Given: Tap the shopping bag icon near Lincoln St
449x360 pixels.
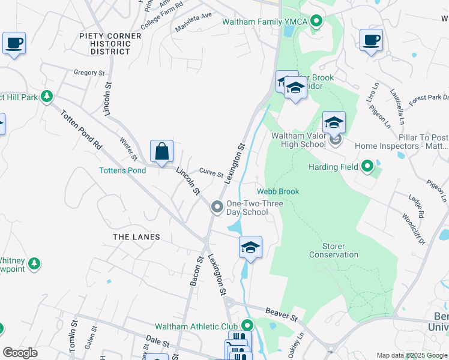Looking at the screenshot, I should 161,151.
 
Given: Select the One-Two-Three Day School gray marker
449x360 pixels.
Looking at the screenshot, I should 217,208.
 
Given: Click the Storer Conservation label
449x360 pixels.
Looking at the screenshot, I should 334,250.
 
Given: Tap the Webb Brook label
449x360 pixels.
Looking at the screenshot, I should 278,191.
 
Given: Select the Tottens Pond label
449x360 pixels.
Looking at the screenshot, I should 122,170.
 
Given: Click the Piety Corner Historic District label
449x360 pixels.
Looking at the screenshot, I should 110,44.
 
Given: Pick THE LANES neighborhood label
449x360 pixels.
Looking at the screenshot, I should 137,237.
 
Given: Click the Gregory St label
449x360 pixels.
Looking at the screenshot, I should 89,73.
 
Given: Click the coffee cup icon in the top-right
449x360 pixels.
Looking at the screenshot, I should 371,40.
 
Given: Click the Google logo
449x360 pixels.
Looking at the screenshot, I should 20,353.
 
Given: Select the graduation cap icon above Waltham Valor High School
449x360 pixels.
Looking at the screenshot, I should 334,122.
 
